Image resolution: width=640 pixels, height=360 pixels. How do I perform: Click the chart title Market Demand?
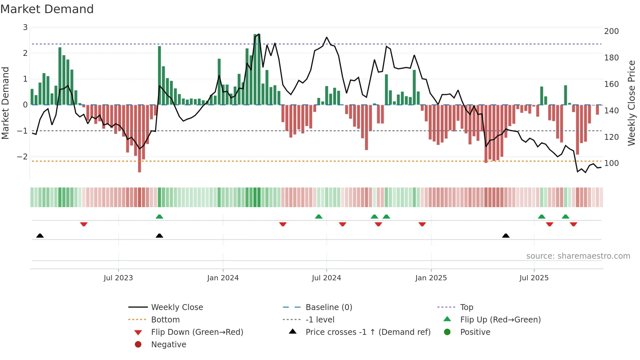47,9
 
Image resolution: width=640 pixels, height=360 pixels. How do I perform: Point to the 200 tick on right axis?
611,31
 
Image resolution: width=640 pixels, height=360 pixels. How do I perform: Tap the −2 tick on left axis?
22,157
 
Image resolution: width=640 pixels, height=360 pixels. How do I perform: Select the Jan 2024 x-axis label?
223,278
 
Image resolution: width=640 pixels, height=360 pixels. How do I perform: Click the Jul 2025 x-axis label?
534,278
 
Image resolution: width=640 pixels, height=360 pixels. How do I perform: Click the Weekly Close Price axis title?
632,103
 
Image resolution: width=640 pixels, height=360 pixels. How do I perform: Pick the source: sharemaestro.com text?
578,256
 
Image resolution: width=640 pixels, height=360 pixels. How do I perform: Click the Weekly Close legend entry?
177,307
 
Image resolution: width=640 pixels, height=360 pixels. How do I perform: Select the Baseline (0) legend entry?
328,307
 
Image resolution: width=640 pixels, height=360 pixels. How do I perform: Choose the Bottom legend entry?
165,320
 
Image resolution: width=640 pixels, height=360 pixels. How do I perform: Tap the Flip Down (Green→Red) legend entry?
197,332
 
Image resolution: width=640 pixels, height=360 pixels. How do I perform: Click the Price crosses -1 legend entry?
368,332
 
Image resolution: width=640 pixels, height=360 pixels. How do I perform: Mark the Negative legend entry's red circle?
138,345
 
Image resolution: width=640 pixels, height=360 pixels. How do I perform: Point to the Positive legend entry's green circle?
447,332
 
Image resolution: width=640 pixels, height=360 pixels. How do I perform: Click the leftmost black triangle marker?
40,236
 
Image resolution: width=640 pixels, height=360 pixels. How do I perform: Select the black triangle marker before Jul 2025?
505,236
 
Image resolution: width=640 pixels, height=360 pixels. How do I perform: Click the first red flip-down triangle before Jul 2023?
84,224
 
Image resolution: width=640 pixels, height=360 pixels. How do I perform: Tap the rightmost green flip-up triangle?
566,217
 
